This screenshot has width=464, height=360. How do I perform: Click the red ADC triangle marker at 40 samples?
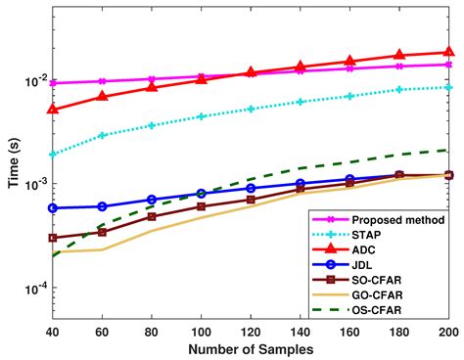[52, 110]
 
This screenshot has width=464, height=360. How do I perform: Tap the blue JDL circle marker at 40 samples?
[52, 208]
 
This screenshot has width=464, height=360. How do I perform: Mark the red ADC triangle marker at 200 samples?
[449, 52]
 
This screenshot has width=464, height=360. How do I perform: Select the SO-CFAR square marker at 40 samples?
[52, 238]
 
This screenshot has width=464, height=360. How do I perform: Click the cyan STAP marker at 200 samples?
[449, 88]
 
